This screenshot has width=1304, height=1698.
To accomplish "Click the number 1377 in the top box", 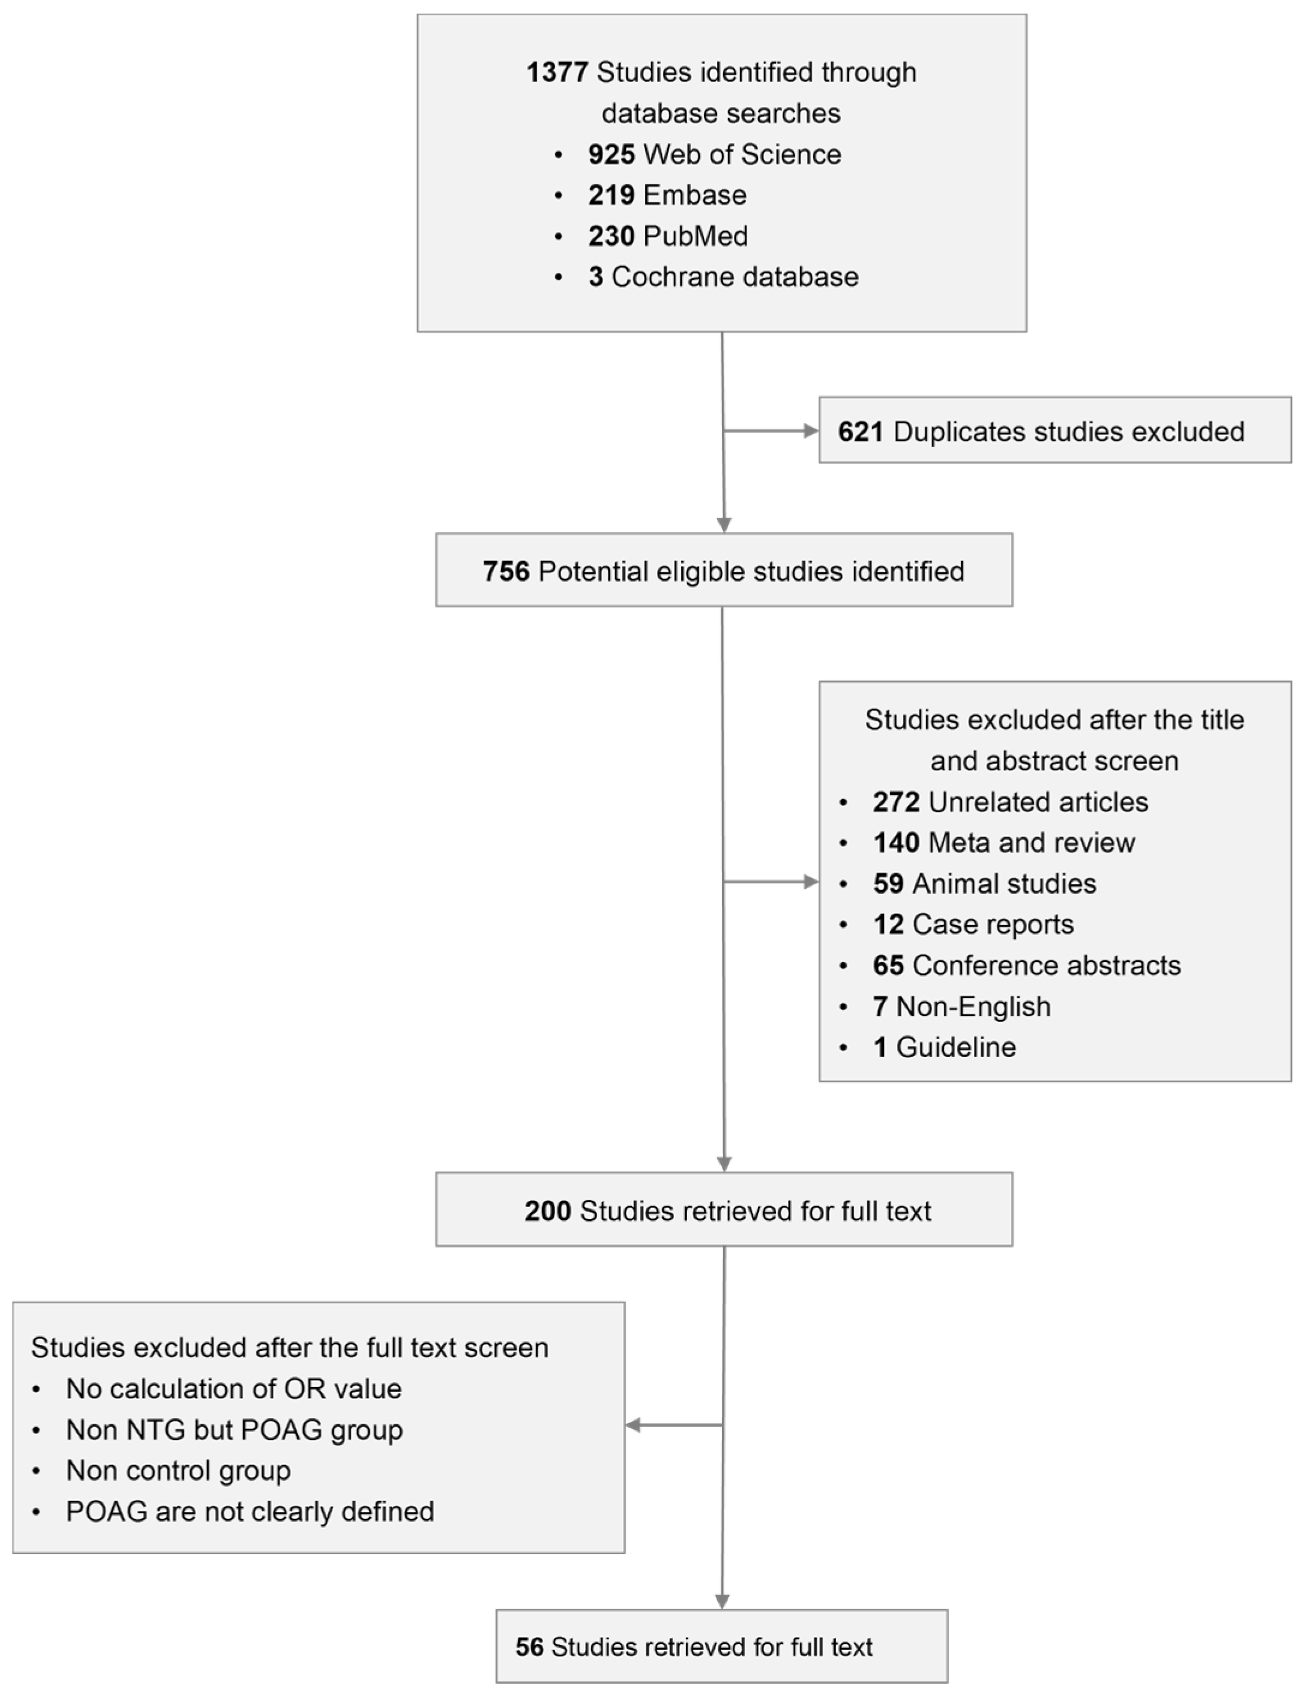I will [556, 72].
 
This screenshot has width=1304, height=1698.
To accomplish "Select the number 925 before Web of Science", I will [611, 154].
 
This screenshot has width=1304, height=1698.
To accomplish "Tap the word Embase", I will [695, 195].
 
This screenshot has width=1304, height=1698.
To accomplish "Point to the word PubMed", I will [696, 236].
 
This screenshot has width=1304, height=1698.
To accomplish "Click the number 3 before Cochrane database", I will [595, 277].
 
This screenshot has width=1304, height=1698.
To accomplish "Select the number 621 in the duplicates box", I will [860, 432].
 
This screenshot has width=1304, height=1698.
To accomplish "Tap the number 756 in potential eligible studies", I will [505, 571].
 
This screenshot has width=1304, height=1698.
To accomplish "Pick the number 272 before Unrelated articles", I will [896, 802].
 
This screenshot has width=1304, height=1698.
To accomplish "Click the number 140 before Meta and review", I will [896, 843].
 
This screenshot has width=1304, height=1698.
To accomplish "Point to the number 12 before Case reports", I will [888, 925].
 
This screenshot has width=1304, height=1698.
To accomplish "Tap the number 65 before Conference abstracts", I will [888, 966].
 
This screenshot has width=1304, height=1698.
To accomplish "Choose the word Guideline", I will [955, 1048].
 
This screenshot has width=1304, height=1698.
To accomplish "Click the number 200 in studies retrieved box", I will [547, 1211].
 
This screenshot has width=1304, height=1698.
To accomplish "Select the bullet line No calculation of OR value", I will [233, 1389].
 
